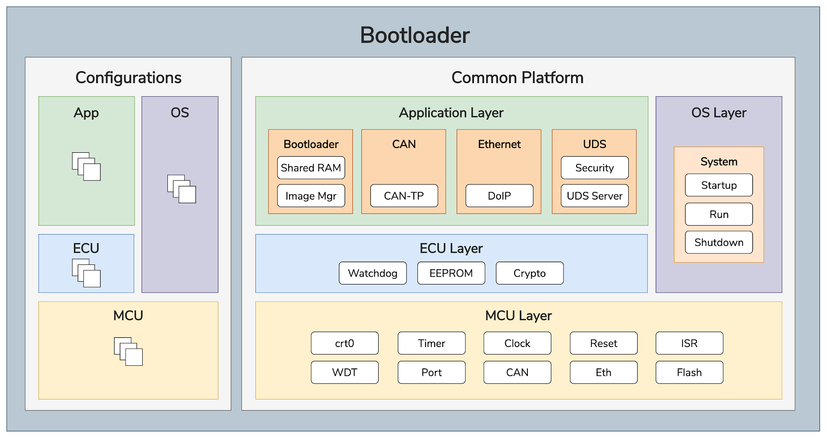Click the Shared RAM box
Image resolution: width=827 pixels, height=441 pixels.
click(x=311, y=168)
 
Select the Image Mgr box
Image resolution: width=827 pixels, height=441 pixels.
click(x=311, y=196)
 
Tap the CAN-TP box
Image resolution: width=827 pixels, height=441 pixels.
click(x=404, y=196)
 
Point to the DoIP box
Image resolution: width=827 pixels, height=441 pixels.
click(x=499, y=196)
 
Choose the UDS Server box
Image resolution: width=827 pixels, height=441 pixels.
click(x=594, y=196)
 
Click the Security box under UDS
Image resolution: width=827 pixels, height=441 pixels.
click(x=594, y=168)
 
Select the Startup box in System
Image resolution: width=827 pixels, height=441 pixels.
click(x=719, y=185)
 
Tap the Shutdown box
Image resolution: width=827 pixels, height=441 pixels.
click(x=719, y=242)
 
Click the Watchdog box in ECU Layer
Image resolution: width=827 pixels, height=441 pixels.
click(x=373, y=273)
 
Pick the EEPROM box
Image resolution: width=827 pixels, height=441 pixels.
click(x=451, y=273)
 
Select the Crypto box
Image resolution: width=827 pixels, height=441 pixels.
click(x=530, y=273)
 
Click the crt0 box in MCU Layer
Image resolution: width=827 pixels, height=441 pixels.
click(x=344, y=343)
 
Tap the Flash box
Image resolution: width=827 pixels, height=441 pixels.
click(x=689, y=372)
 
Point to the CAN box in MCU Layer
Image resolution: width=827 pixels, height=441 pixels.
click(x=517, y=372)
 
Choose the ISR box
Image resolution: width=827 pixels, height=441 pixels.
click(x=689, y=343)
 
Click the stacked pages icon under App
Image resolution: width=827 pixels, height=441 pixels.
click(x=86, y=167)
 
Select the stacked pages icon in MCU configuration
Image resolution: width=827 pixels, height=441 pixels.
click(x=128, y=351)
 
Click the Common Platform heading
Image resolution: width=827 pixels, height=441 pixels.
click(x=517, y=78)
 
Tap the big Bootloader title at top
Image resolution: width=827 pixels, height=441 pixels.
click(x=415, y=35)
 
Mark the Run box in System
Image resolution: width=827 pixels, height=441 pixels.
click(x=719, y=214)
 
